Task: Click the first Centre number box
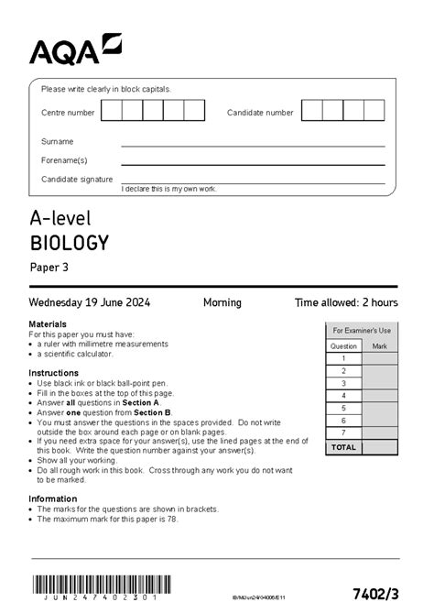pyautogui.click(x=111, y=112)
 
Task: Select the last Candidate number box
pyautogui.click(x=374, y=112)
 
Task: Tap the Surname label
pyautogui.click(x=57, y=142)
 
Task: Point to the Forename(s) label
pyautogui.click(x=63, y=160)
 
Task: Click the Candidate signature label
pyautogui.click(x=77, y=179)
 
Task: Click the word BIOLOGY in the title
pyautogui.click(x=70, y=243)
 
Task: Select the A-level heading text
pyautogui.click(x=60, y=218)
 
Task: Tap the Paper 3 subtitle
pyautogui.click(x=49, y=268)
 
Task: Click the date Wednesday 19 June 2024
pyautogui.click(x=90, y=302)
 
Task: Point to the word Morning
pyautogui.click(x=222, y=302)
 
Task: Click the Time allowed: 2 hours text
pyautogui.click(x=346, y=302)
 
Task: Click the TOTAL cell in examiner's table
pyautogui.click(x=343, y=447)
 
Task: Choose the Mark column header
pyautogui.click(x=379, y=346)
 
